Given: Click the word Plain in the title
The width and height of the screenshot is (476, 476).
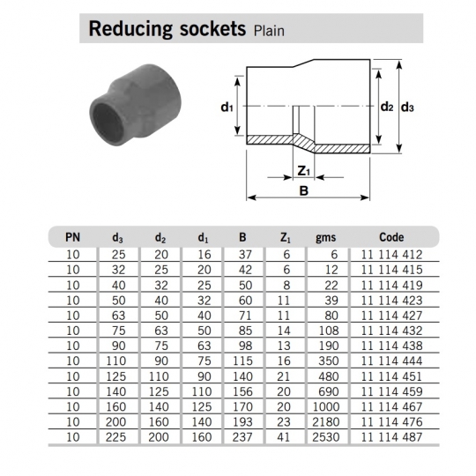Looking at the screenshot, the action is click(269, 31).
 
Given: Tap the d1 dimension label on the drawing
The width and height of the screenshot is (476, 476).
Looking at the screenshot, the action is click(227, 108).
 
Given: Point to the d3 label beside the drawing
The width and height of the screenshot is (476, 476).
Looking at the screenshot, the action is click(407, 108).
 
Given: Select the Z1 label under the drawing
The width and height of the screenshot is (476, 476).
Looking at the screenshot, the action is click(303, 171).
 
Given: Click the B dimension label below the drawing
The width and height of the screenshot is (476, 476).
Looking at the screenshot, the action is click(304, 191).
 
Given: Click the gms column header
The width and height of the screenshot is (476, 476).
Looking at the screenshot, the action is click(326, 237).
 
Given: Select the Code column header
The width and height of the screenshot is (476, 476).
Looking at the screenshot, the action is click(391, 237).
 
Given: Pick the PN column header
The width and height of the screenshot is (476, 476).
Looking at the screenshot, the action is click(72, 237).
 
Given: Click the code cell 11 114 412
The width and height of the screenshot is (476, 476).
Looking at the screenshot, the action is click(391, 255).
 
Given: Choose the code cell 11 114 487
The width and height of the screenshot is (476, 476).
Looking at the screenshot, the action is click(391, 437).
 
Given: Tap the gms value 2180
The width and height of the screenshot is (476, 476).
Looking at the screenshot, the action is click(326, 422).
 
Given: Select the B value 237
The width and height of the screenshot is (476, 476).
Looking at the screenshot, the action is click(242, 437).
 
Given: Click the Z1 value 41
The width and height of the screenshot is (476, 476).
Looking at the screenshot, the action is click(284, 437).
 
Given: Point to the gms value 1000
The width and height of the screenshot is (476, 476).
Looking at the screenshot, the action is click(326, 406).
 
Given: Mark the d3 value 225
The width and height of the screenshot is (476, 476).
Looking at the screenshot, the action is click(115, 437).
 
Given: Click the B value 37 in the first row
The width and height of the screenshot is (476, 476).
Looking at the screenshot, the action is click(245, 255).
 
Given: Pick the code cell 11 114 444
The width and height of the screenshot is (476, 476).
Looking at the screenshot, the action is click(391, 361).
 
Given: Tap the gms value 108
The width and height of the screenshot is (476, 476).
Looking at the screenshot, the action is click(329, 331).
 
